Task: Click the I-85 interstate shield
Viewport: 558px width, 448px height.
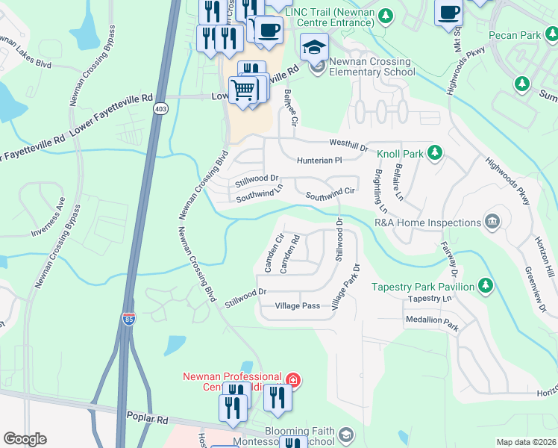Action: click(129, 319)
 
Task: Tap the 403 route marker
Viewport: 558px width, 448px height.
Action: click(160, 109)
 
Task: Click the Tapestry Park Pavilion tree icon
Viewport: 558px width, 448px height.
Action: click(486, 286)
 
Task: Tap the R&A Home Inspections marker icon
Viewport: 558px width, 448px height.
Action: click(492, 222)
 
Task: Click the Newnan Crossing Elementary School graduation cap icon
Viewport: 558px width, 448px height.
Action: click(314, 48)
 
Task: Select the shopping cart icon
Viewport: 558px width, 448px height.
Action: click(243, 90)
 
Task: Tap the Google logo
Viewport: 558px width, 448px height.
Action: click(25, 439)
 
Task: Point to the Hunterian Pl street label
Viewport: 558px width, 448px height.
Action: click(319, 160)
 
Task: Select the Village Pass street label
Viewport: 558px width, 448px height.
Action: click(297, 306)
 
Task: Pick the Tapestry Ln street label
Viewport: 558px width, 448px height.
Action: click(429, 298)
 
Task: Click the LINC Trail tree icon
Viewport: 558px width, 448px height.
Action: click(386, 15)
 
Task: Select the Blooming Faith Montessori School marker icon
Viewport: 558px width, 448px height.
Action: click(345, 434)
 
